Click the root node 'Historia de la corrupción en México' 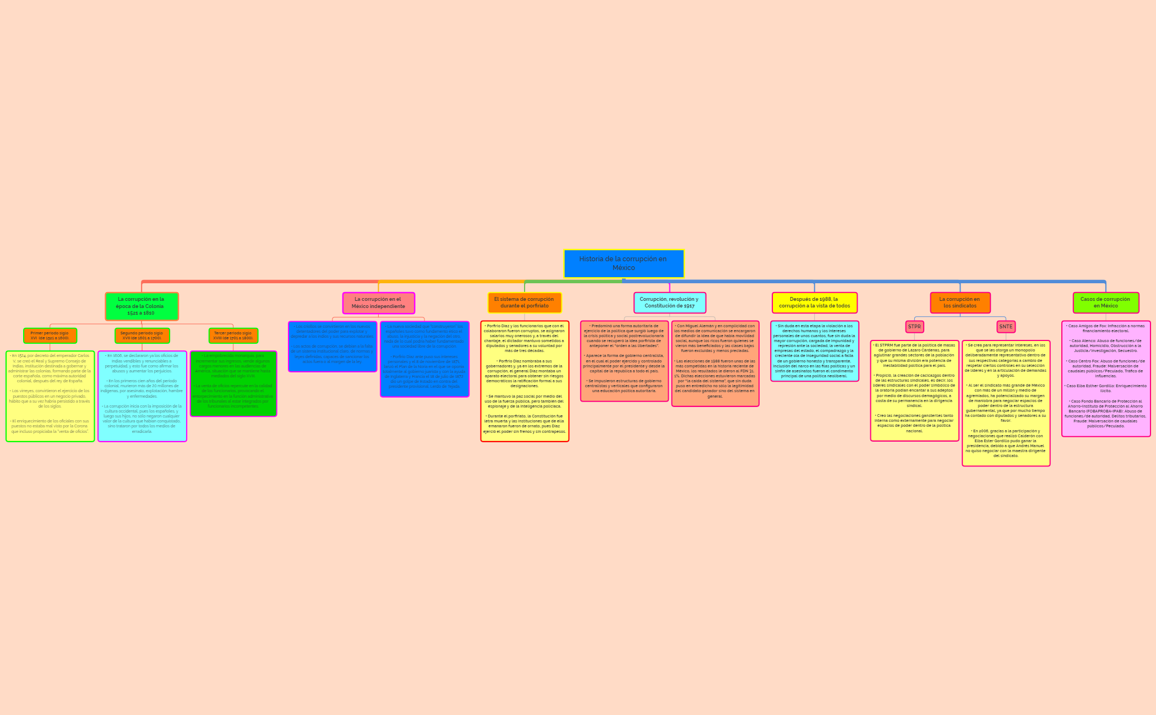(x=624, y=263)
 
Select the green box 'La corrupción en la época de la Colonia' (x=142, y=306)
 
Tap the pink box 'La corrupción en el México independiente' (x=378, y=303)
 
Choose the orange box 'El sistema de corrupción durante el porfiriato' (x=524, y=302)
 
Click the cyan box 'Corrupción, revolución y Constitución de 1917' (x=669, y=302)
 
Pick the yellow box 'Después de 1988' (x=814, y=302)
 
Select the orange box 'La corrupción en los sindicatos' (x=960, y=302)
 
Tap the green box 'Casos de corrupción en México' (x=1105, y=302)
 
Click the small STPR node (x=914, y=327)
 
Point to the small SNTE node (x=1006, y=327)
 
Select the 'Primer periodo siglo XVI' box (x=50, y=335)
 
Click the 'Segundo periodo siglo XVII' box (x=142, y=335)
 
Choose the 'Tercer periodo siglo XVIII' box (x=233, y=335)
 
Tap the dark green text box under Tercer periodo (x=233, y=383)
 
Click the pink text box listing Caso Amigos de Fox (x=1105, y=378)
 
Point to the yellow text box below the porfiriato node (x=524, y=381)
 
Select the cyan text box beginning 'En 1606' (x=142, y=396)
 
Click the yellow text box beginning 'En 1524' (x=50, y=396)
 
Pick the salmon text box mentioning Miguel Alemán (x=715, y=363)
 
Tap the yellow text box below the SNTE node (x=1006, y=403)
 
